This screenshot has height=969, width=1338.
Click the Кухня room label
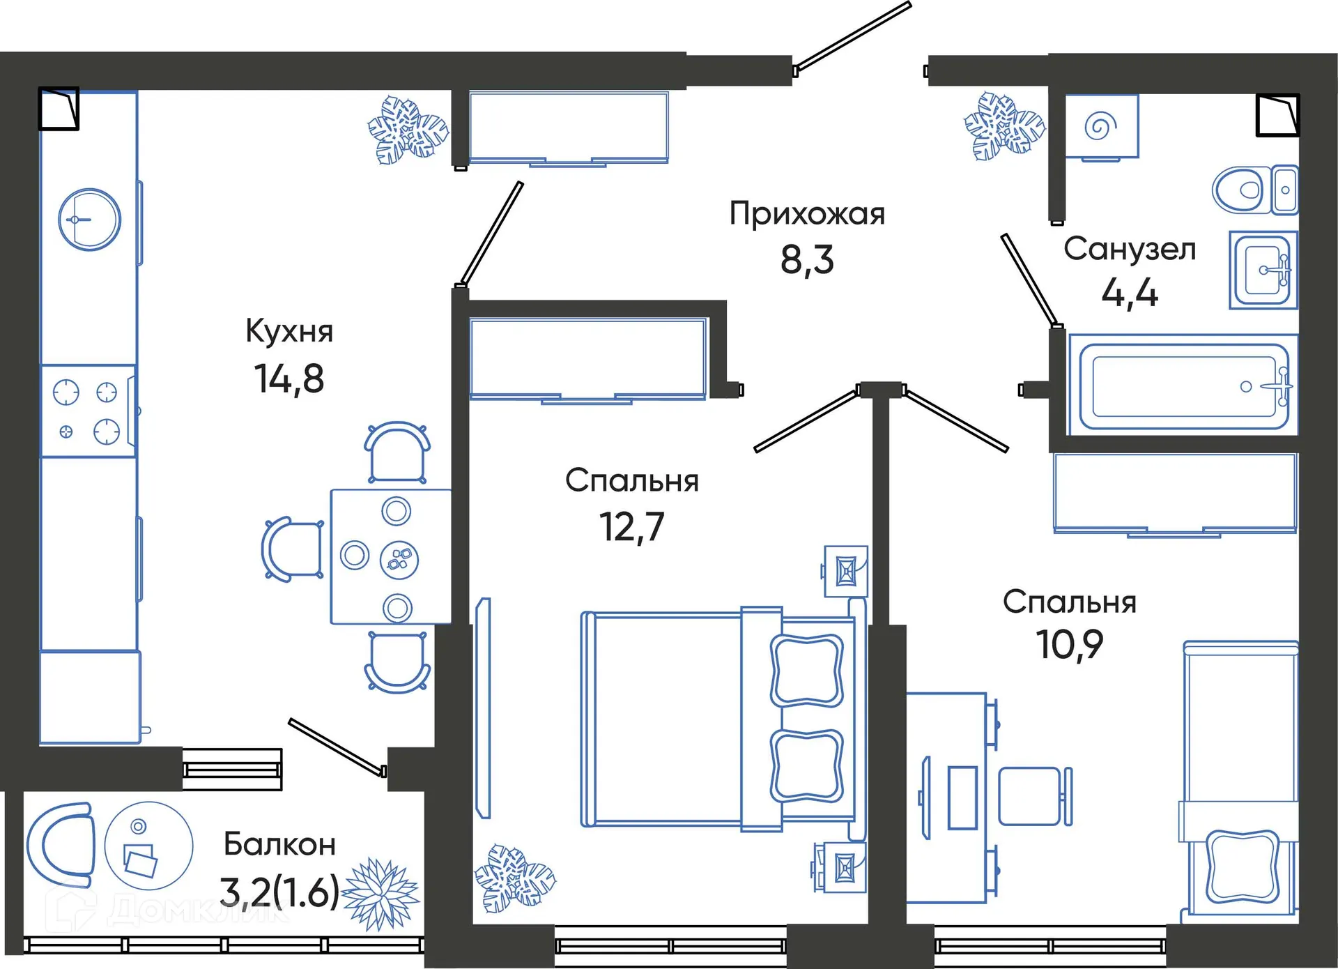[x=289, y=331]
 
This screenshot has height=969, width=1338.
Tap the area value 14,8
[x=289, y=379]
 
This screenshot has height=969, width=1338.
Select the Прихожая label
[x=807, y=214]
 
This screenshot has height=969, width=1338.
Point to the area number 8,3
[x=807, y=259]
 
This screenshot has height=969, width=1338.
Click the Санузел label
[x=1130, y=250]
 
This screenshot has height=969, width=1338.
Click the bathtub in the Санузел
[x=1183, y=386]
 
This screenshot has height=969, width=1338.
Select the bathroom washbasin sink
[x=1263, y=270]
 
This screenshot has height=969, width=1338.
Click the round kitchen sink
[x=89, y=220]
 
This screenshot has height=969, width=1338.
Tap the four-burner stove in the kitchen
[x=88, y=411]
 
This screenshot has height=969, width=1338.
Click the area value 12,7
[x=632, y=526]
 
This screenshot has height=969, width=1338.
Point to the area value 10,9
[x=1069, y=644]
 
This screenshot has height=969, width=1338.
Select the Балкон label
[x=280, y=845]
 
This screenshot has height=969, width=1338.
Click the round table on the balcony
[x=148, y=846]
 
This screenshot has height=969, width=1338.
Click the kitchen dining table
[x=390, y=556]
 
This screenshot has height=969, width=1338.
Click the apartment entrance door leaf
[x=852, y=36]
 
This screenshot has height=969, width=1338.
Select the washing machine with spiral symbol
[x=1101, y=126]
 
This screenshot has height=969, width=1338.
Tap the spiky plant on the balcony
[x=380, y=894]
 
